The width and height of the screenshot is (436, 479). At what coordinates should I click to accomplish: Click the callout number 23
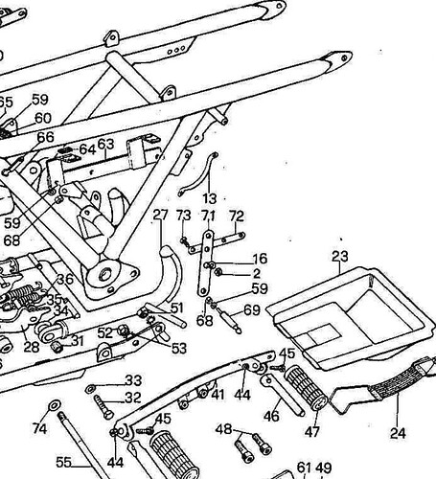pyautogui.click(x=340, y=257)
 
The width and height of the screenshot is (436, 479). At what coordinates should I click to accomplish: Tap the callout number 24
pyautogui.click(x=398, y=433)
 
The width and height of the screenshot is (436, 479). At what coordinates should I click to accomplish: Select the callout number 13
pyautogui.click(x=210, y=198)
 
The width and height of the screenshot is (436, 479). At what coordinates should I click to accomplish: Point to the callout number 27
pyautogui.click(x=160, y=215)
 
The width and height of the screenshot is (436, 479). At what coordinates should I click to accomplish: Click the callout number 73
pyautogui.click(x=184, y=216)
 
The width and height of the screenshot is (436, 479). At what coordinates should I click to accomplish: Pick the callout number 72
pyautogui.click(x=237, y=217)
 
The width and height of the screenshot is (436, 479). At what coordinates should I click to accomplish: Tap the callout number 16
pyautogui.click(x=260, y=259)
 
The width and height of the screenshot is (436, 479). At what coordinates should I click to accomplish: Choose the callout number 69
pyautogui.click(x=252, y=309)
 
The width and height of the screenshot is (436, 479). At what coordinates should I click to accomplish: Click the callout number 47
pyautogui.click(x=311, y=432)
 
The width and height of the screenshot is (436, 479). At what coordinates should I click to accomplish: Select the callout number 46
pyautogui.click(x=271, y=416)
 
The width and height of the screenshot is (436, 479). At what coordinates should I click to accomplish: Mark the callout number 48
pyautogui.click(x=223, y=429)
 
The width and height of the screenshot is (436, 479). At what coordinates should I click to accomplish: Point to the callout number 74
pyautogui.click(x=39, y=428)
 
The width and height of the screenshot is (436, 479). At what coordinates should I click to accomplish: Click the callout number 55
pyautogui.click(x=63, y=462)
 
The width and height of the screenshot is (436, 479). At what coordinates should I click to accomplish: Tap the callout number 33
pyautogui.click(x=133, y=380)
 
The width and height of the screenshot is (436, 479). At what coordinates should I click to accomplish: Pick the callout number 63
pyautogui.click(x=105, y=145)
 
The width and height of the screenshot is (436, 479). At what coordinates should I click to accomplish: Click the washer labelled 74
pyautogui.click(x=54, y=405)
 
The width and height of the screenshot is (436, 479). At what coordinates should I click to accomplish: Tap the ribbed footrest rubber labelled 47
pyautogui.click(x=306, y=388)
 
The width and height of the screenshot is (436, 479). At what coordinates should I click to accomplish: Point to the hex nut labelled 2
pyautogui.click(x=218, y=272)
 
